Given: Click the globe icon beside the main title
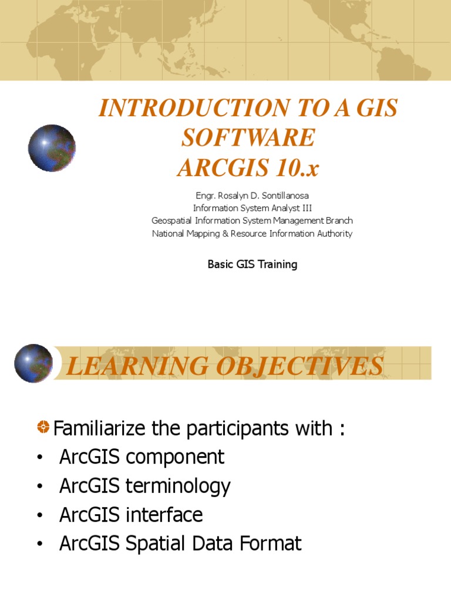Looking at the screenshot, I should [x=52, y=148].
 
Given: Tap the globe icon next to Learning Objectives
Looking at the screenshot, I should [x=33, y=363].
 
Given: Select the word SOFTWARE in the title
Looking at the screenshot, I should [x=248, y=139].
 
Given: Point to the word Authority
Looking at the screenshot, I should [x=333, y=234].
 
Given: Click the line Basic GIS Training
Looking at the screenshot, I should [x=252, y=264].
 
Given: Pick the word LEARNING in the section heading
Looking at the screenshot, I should [x=130, y=366].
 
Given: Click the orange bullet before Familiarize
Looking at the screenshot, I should [x=43, y=428].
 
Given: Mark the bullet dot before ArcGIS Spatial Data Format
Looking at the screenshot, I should [x=39, y=544].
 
